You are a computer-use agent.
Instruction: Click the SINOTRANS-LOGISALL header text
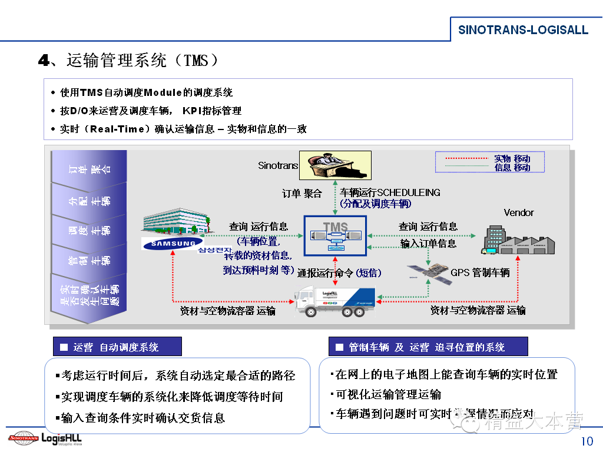coord(523,29)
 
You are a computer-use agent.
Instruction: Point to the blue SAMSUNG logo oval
coord(172,243)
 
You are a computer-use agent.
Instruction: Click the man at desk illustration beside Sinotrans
coord(335,165)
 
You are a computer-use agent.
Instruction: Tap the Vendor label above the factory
coord(519,212)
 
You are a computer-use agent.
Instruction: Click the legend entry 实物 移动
coord(512,158)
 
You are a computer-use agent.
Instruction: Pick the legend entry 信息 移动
coord(512,167)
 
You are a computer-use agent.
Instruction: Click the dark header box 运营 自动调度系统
coord(117,347)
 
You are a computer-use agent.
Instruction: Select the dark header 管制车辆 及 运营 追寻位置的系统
coord(428,347)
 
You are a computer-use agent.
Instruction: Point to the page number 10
coord(587,441)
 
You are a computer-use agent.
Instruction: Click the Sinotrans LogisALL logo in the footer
coord(45,438)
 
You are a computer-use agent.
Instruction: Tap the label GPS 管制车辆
coord(480,272)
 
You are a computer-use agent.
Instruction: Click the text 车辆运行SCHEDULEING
coord(390,192)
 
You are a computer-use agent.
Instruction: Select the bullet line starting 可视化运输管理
coord(388,394)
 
